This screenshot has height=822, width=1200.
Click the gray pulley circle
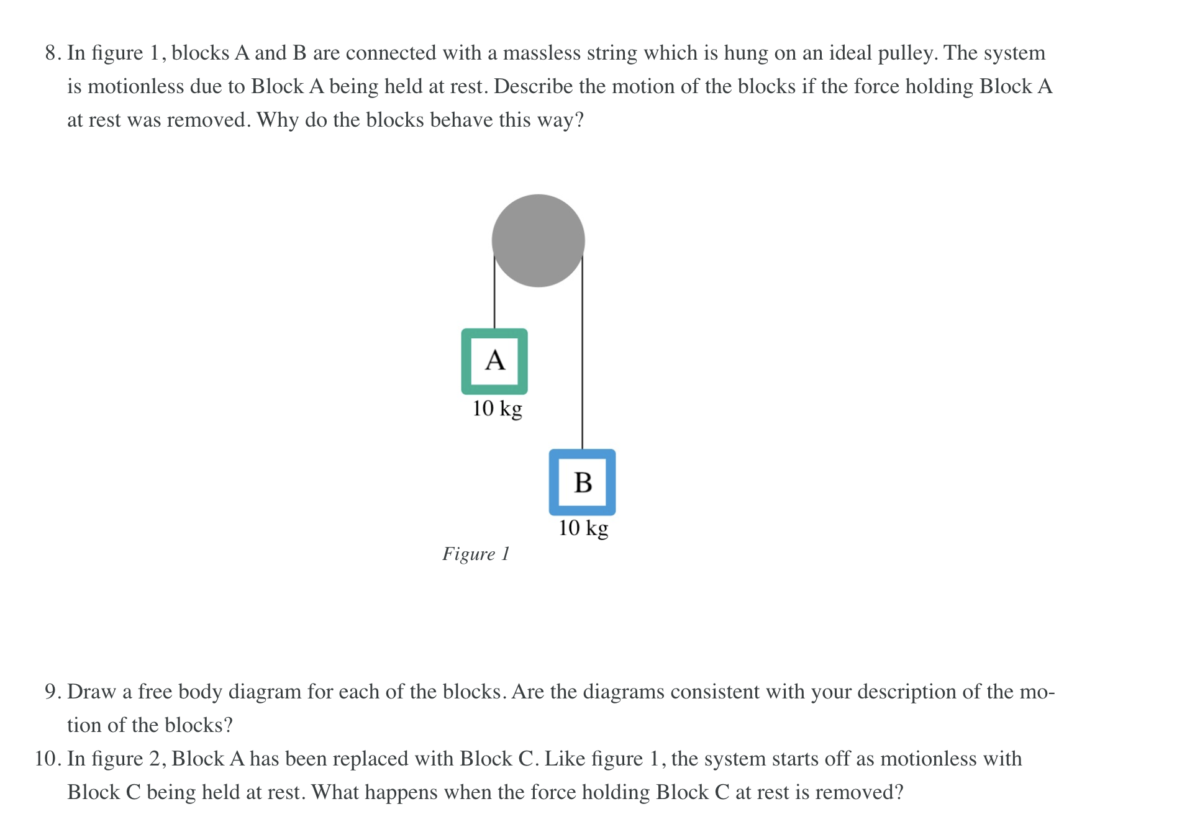coord(538,241)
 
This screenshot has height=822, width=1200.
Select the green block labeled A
coord(494,361)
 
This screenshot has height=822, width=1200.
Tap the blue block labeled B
coord(582,482)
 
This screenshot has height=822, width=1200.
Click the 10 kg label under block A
coord(497,409)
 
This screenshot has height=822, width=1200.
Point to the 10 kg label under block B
coord(583,528)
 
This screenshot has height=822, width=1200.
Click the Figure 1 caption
coord(476,554)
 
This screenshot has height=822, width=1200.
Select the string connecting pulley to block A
coord(494,292)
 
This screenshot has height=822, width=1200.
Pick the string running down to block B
coord(582,354)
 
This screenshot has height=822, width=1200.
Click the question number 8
coord(52,53)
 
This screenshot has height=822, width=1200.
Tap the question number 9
coord(52,692)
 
